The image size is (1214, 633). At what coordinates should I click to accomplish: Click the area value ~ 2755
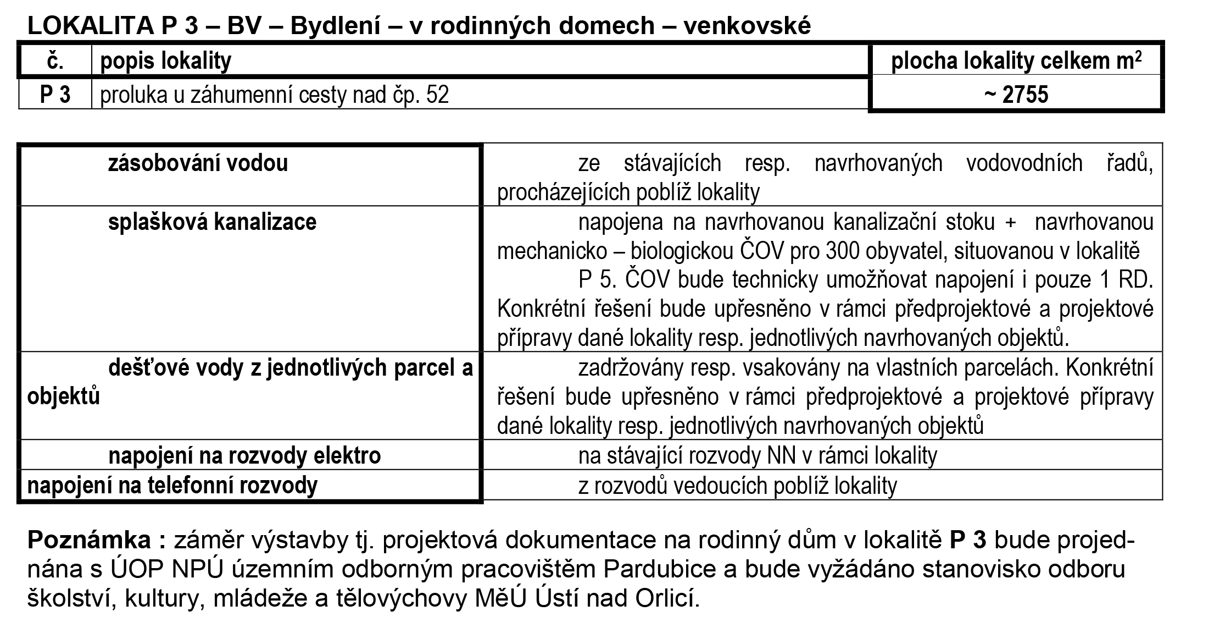(x=1016, y=95)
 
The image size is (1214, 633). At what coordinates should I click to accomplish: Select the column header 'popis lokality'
(x=165, y=60)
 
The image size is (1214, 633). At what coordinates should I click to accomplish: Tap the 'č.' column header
(x=55, y=60)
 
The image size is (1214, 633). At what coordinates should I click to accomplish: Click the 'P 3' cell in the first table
(x=55, y=95)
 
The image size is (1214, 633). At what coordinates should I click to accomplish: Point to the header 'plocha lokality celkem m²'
(x=1016, y=60)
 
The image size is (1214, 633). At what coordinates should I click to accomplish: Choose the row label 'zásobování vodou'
(x=198, y=163)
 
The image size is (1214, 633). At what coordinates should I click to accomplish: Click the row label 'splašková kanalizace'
(x=212, y=222)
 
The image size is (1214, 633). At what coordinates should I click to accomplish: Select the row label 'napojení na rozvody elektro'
(x=244, y=455)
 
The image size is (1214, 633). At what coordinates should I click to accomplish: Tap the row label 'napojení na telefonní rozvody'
(x=172, y=485)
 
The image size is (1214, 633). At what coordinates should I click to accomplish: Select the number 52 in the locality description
(x=437, y=95)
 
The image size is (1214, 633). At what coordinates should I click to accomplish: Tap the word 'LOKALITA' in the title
(x=91, y=26)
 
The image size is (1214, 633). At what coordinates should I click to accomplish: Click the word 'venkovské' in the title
(x=747, y=26)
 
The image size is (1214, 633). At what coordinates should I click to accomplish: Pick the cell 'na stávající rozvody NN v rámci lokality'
(x=758, y=455)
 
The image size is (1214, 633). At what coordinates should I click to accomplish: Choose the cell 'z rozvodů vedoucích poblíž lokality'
(x=737, y=485)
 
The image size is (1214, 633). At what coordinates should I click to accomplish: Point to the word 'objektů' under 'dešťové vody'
(x=64, y=396)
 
